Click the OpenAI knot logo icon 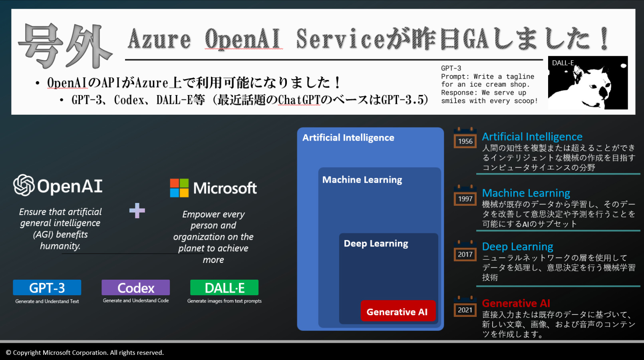24,185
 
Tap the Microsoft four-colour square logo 179,188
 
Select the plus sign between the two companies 137,211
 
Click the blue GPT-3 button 47,288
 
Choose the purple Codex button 136,288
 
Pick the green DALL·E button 224,288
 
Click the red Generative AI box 398,311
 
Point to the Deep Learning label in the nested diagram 376,244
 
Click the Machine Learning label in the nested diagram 362,180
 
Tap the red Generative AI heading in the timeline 516,303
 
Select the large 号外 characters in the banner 65,46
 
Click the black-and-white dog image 588,83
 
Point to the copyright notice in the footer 85,352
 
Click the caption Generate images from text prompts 224,301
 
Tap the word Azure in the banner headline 159,39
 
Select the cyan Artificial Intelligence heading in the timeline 532,137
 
